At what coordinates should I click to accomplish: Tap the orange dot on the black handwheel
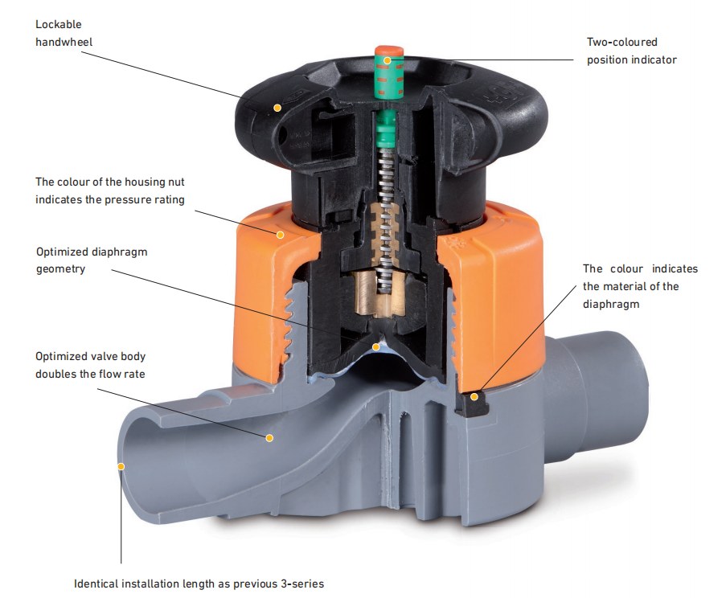point(277,107)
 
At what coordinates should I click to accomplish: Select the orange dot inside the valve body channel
point(269,438)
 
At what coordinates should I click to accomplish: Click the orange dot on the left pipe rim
point(121,465)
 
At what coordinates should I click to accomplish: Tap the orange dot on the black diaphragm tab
point(474,395)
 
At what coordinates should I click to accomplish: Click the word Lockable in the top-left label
point(58,25)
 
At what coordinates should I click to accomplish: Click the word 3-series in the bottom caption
point(302,584)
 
